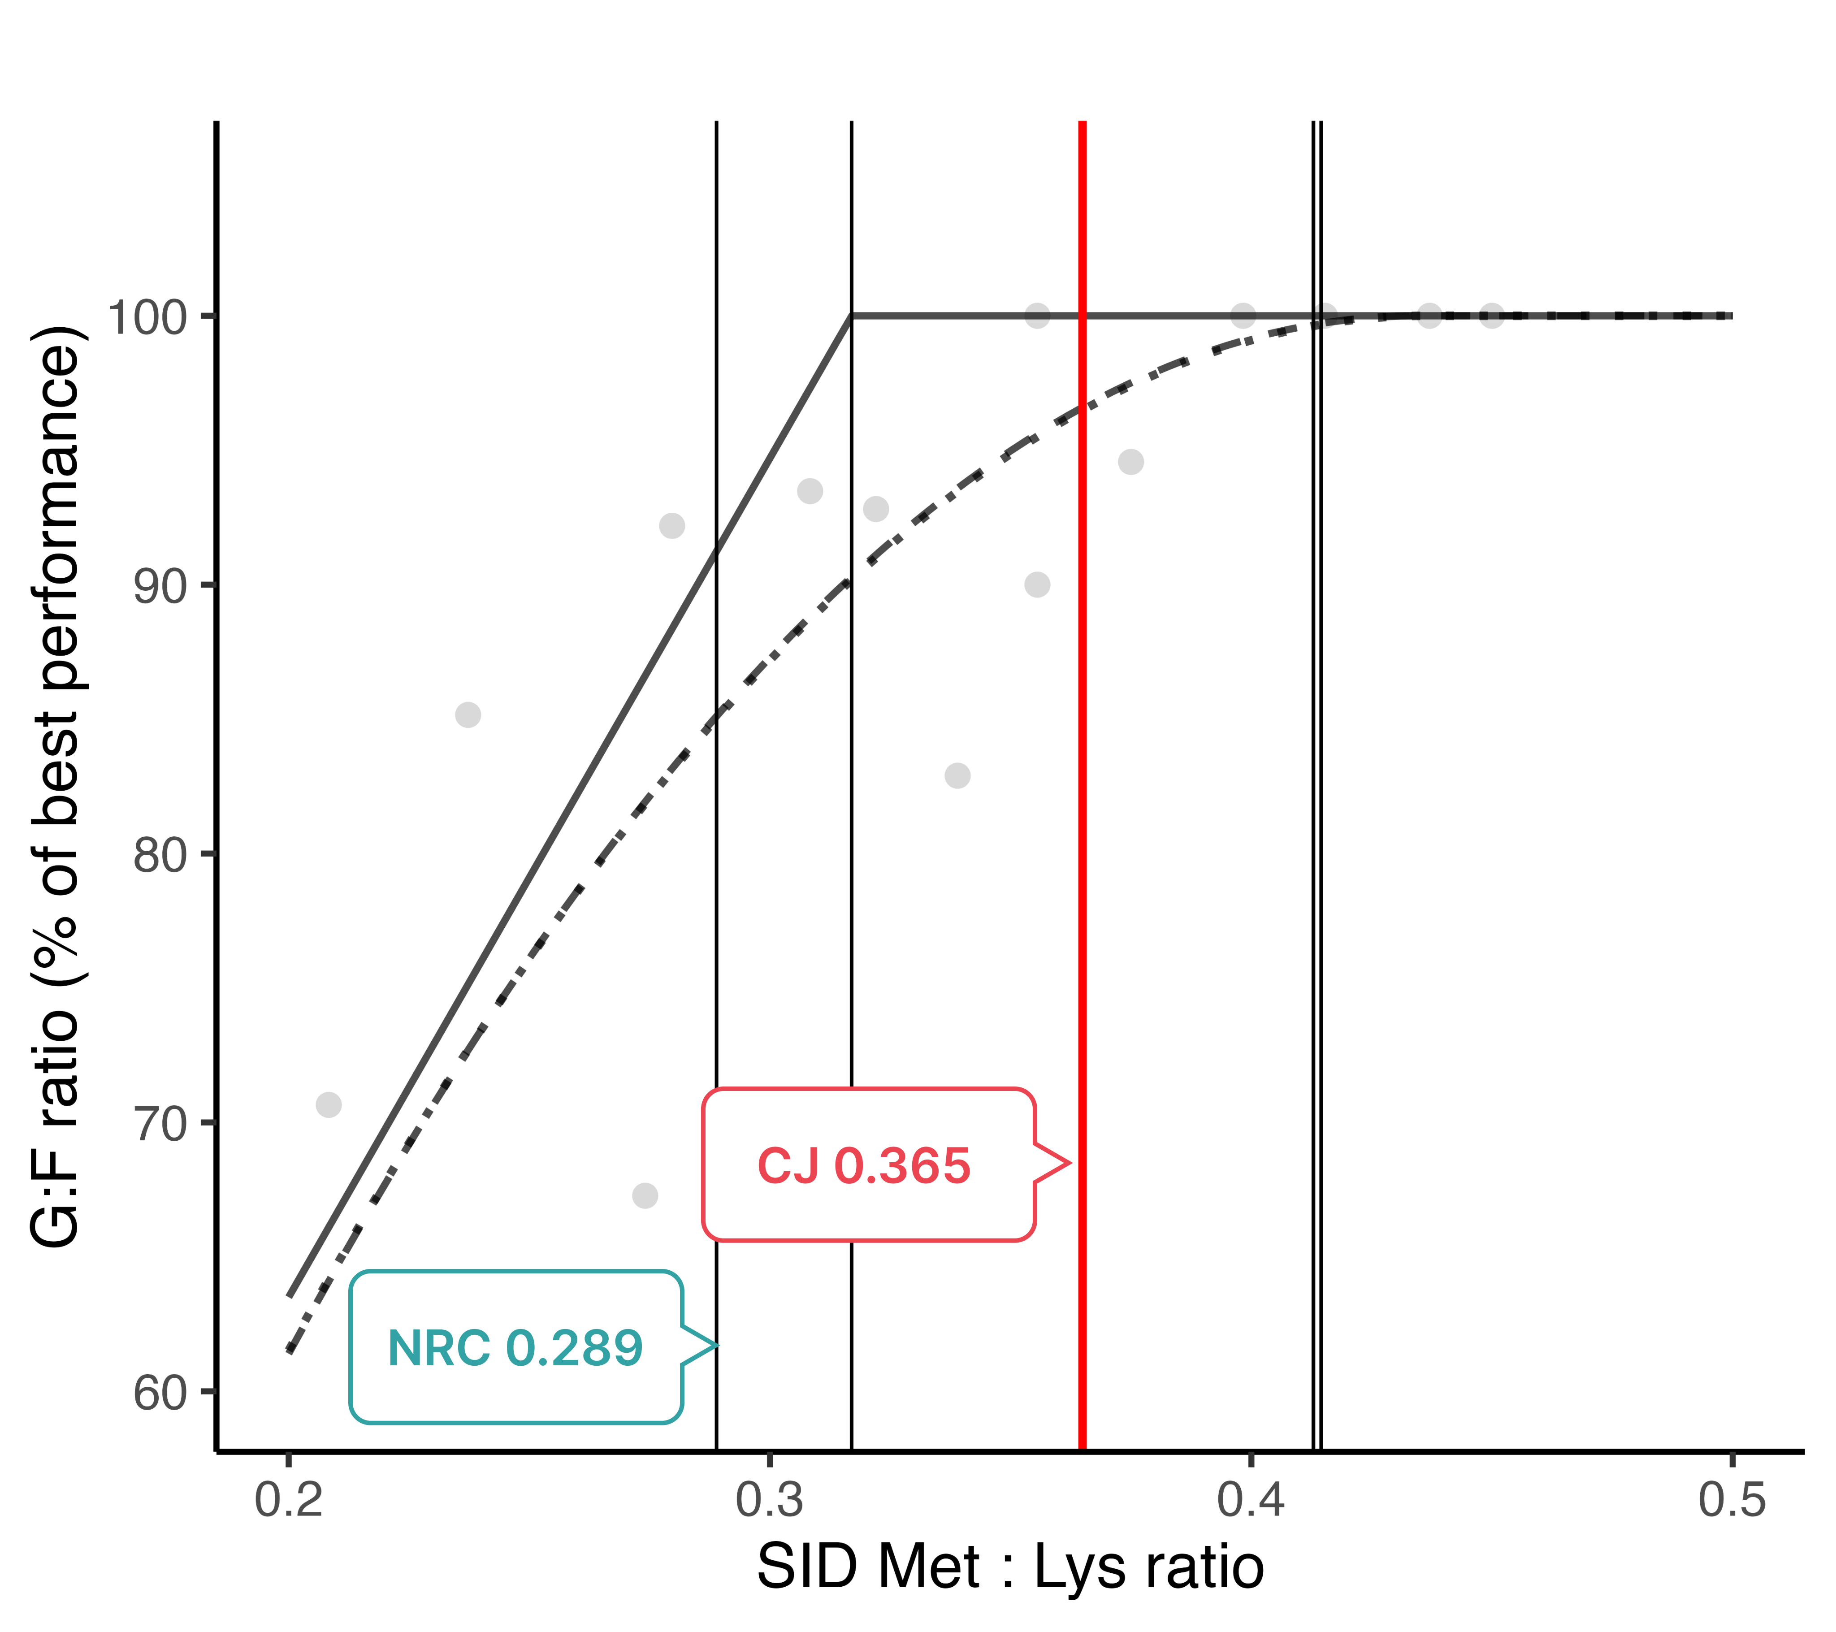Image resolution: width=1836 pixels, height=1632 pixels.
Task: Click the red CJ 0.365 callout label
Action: point(864,1166)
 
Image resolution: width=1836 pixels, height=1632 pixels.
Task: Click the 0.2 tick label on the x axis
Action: point(288,1500)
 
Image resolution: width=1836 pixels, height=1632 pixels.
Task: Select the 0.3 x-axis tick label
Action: point(770,1500)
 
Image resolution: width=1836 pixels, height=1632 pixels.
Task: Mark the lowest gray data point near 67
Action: point(645,1195)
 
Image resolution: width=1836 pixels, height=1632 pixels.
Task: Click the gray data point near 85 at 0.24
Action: point(468,715)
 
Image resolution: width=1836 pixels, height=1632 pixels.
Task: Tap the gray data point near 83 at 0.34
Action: point(957,775)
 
